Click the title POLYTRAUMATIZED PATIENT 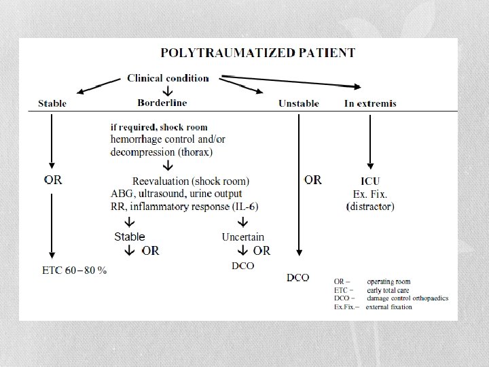click(x=257, y=52)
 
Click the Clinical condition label click(x=168, y=77)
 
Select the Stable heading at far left click(x=52, y=103)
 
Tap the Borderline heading click(x=162, y=103)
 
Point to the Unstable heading click(x=299, y=103)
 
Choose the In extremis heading click(x=370, y=103)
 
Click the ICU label click(x=370, y=181)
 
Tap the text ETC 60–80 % click(x=75, y=270)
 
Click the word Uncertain click(x=243, y=237)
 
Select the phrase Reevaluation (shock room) click(x=191, y=181)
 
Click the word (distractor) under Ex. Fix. click(x=370, y=206)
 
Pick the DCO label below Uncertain click(x=243, y=266)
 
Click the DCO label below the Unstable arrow click(x=298, y=277)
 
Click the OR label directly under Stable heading click(x=53, y=180)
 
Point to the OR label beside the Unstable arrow click(x=313, y=180)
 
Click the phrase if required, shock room click(x=159, y=126)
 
